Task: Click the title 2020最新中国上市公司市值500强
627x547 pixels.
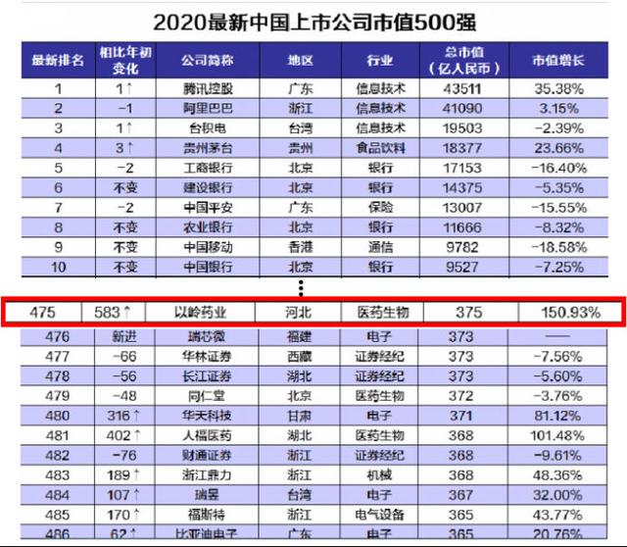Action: (313, 21)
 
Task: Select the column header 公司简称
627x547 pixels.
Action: (207, 59)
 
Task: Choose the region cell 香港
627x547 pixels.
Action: (301, 246)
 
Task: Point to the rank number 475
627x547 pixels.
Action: (70, 313)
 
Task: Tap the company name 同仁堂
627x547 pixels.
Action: (200, 395)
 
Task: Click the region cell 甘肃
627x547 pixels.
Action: (301, 415)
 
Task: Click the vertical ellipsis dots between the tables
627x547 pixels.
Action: (302, 287)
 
